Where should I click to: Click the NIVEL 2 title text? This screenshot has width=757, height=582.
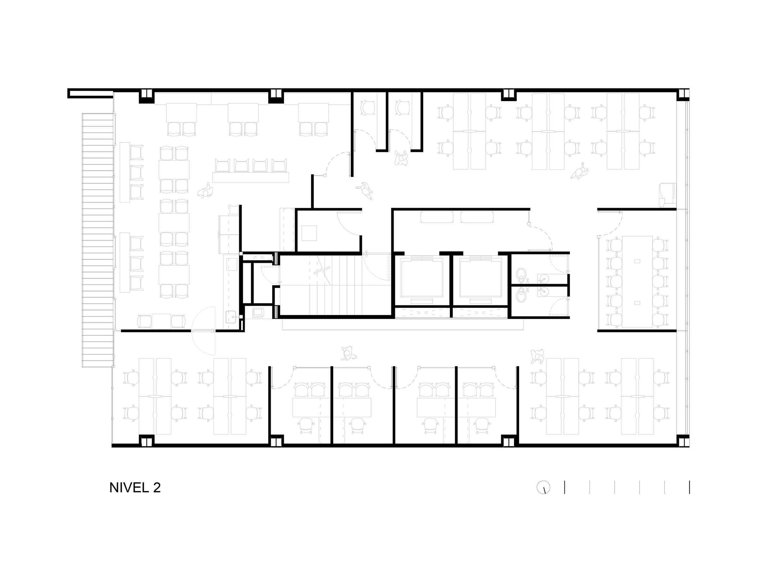pyautogui.click(x=135, y=488)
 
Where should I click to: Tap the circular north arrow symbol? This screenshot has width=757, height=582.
pyautogui.click(x=543, y=488)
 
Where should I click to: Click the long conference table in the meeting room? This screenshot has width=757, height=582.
pyautogui.click(x=637, y=282)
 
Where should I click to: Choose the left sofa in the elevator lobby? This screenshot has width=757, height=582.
pyautogui.click(x=437, y=217)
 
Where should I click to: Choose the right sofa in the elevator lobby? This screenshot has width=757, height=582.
pyautogui.click(x=477, y=217)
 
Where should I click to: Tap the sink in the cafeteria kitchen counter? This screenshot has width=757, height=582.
pyautogui.click(x=231, y=316)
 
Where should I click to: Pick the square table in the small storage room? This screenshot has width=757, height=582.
pyautogui.click(x=309, y=233)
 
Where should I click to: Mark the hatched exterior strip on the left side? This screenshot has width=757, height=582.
pyautogui.click(x=98, y=240)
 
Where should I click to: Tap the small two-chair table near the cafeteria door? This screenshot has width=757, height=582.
pyautogui.click(x=161, y=321)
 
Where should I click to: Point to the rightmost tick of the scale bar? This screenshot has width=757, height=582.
pyautogui.click(x=689, y=487)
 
